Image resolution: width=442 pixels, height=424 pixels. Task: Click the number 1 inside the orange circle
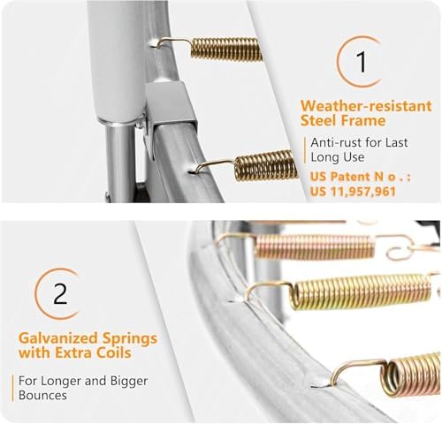coord(362,62)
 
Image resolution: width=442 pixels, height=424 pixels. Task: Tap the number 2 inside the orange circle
coord(60,293)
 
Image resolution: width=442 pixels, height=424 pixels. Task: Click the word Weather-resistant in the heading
coord(366,106)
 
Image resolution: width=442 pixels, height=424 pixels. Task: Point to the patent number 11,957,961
coord(363,192)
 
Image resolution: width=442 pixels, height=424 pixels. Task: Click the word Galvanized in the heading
coord(57,338)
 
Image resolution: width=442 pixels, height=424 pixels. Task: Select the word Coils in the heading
coord(114,352)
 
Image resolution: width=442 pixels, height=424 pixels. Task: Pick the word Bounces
coord(42,395)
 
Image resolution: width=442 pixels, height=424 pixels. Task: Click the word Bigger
coord(129,382)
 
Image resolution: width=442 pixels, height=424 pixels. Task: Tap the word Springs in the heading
coord(130,339)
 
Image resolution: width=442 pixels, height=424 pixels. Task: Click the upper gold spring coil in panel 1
coord(226,49)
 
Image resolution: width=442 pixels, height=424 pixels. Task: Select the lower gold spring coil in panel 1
coord(267,165)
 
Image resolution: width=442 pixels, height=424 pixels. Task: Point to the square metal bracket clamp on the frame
coord(170,113)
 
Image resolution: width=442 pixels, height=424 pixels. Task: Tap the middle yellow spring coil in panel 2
coord(361,291)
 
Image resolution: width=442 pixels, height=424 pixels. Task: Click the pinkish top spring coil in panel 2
coord(315,246)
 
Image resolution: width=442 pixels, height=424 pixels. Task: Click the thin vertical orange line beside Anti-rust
coord(305,150)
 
